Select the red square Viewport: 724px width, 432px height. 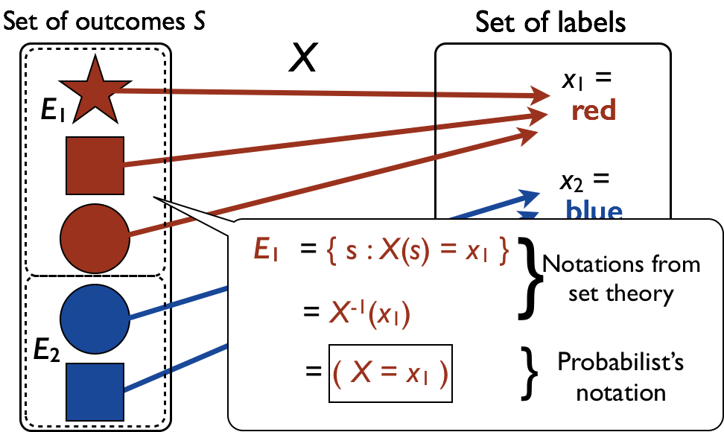(x=95, y=165)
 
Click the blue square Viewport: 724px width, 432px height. (x=95, y=392)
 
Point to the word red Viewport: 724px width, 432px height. (x=594, y=111)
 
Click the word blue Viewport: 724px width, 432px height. (x=594, y=211)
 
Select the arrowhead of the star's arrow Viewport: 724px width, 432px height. (x=541, y=95)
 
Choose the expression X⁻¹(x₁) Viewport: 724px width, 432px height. (x=369, y=314)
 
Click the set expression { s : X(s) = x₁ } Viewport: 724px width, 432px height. (x=418, y=252)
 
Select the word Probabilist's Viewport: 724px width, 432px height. (x=620, y=363)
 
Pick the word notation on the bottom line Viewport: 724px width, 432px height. (x=621, y=392)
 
